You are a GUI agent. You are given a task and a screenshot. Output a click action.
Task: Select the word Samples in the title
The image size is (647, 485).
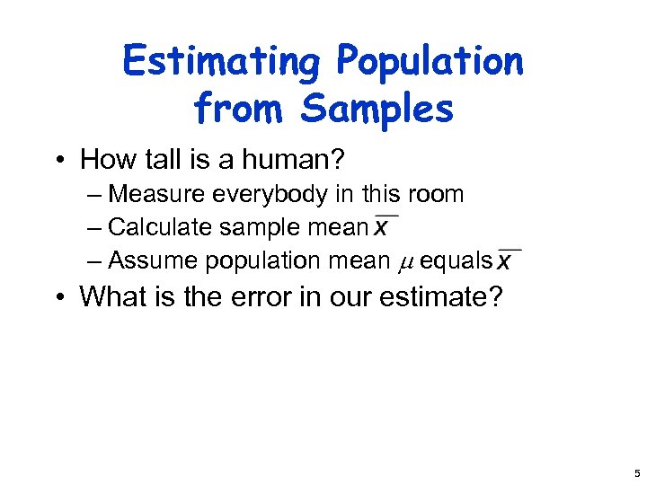(377, 110)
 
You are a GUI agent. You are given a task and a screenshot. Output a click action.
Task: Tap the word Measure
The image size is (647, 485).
(157, 194)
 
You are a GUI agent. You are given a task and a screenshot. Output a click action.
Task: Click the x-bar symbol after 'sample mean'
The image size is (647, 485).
(385, 226)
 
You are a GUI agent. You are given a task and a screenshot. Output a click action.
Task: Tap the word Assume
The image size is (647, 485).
(153, 260)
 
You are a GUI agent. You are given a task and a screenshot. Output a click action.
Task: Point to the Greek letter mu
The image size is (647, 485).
(403, 261)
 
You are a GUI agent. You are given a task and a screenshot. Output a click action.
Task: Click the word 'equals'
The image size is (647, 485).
(456, 260)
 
